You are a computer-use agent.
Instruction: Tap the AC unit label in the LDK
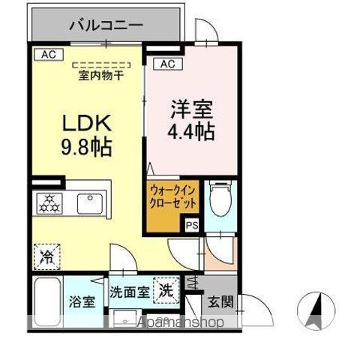(x=48, y=54)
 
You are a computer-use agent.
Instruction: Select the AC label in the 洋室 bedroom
(x=167, y=64)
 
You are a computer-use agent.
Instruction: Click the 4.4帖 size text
(x=191, y=132)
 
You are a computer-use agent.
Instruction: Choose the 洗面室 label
(x=127, y=291)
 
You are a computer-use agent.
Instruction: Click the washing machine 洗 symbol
(x=167, y=289)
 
